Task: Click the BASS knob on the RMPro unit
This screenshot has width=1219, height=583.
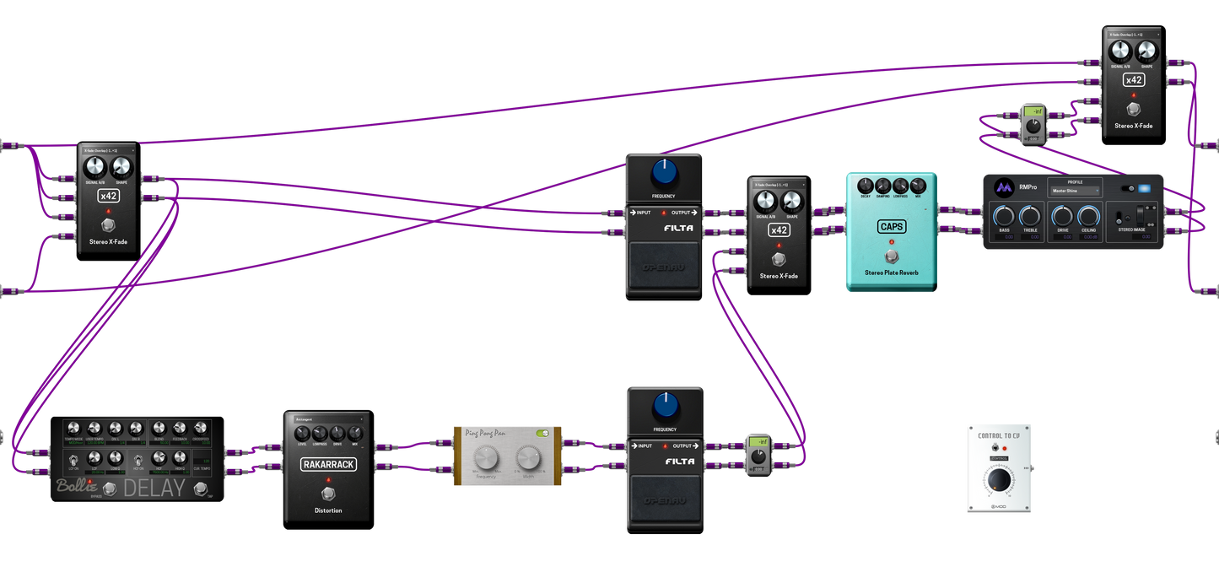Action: tap(1004, 215)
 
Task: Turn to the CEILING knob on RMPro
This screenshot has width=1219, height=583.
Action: tap(1089, 215)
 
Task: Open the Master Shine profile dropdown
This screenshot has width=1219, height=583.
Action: tap(1075, 191)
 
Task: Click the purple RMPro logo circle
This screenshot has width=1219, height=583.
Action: tap(1003, 187)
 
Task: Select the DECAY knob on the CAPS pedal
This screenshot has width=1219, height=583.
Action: tap(865, 186)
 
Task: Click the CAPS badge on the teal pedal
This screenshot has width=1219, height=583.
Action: tap(890, 226)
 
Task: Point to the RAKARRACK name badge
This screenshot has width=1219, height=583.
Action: tap(329, 463)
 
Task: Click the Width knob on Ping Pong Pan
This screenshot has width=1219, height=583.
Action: tap(528, 459)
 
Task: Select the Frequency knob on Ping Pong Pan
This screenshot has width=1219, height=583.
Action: tap(485, 459)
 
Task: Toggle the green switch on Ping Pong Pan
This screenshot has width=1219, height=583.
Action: tap(542, 434)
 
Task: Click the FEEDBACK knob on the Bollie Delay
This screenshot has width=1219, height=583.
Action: tap(179, 429)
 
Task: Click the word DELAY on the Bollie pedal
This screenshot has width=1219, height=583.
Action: tap(154, 487)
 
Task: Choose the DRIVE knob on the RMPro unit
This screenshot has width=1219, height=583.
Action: tap(1063, 215)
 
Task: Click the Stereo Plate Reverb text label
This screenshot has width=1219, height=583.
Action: tap(890, 273)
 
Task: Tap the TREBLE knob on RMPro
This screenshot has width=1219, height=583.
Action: tap(1029, 215)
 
